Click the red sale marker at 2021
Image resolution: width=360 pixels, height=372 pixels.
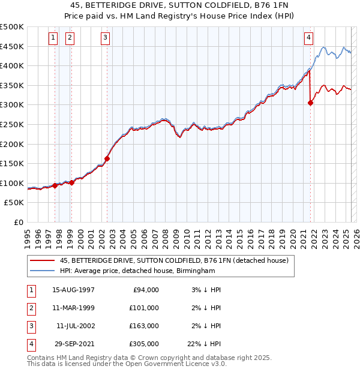click(311, 103)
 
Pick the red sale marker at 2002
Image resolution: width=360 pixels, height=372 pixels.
click(107, 159)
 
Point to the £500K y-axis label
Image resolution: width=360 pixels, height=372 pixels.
click(12, 27)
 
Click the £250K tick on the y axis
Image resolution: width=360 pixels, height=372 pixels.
click(12, 124)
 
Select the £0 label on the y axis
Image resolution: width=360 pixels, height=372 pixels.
click(17, 222)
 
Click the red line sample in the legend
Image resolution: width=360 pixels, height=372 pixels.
click(41, 260)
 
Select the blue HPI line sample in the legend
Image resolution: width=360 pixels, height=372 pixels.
click(41, 271)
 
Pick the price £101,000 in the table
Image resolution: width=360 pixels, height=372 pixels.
click(143, 308)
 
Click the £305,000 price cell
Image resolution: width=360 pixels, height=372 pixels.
click(143, 344)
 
